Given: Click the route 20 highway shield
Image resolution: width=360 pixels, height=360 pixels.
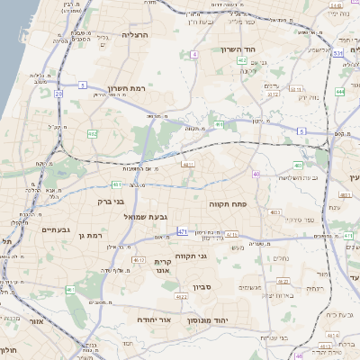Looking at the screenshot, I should pos(58,93).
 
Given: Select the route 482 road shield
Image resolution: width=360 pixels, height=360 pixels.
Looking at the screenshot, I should pos(92,134).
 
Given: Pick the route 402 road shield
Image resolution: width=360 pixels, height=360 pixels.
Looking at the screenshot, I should pos(242,60).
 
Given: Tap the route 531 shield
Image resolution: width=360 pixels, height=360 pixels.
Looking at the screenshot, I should pos(337,54).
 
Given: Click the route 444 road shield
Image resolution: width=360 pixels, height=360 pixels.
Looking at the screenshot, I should pos(340,92).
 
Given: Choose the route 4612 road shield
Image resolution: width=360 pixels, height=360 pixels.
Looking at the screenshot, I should pos(139,261).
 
